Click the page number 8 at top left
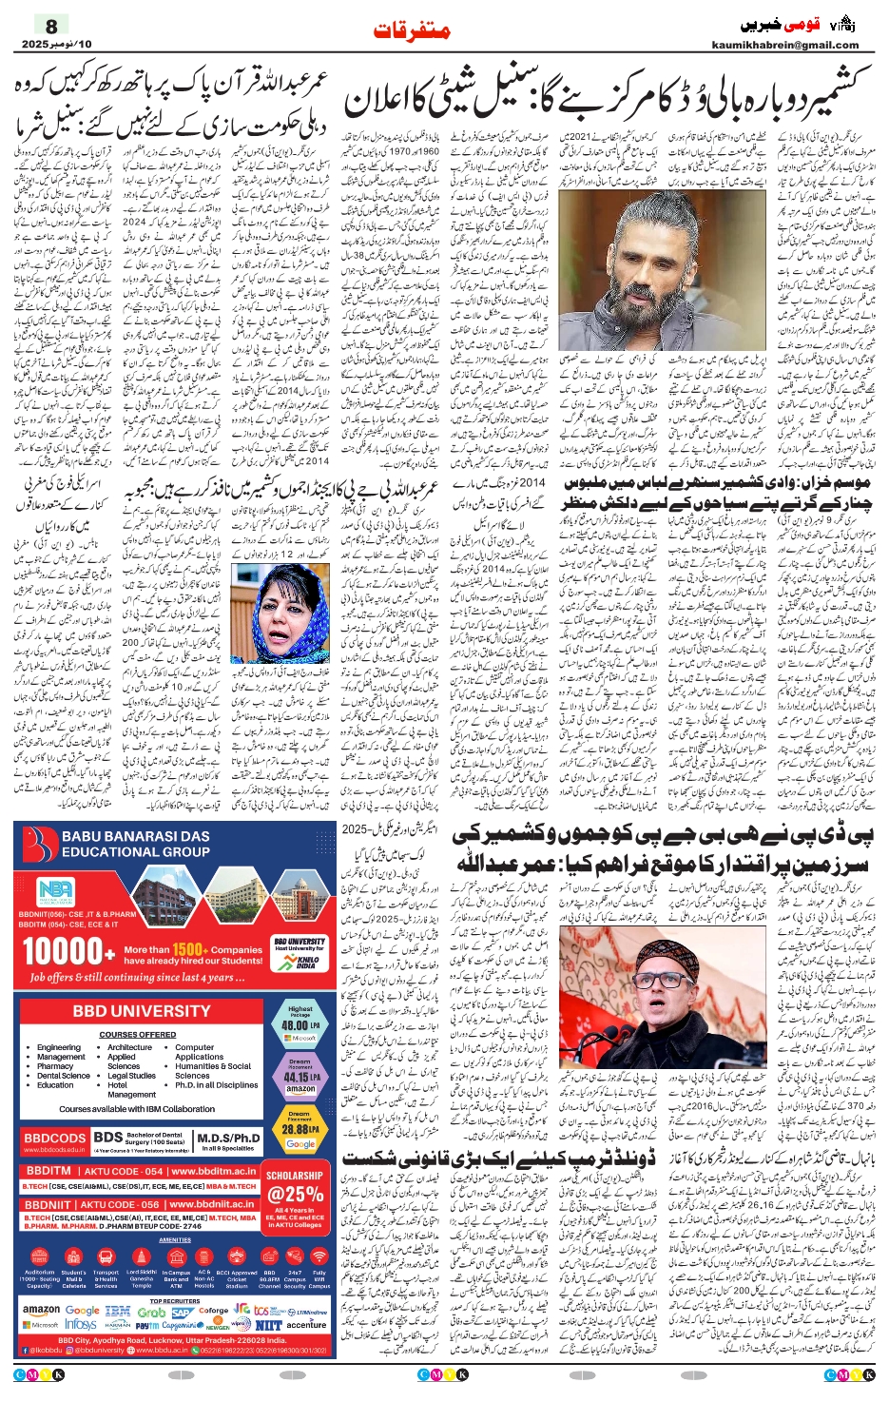[52, 26]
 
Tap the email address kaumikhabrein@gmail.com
[784, 45]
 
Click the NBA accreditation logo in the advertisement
[55, 892]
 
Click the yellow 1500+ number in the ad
[188, 948]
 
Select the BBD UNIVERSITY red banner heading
[142, 1010]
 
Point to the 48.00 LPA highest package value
[300, 1025]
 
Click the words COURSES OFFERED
[137, 1034]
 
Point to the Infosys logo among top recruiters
[81, 1324]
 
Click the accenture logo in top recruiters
[306, 1324]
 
